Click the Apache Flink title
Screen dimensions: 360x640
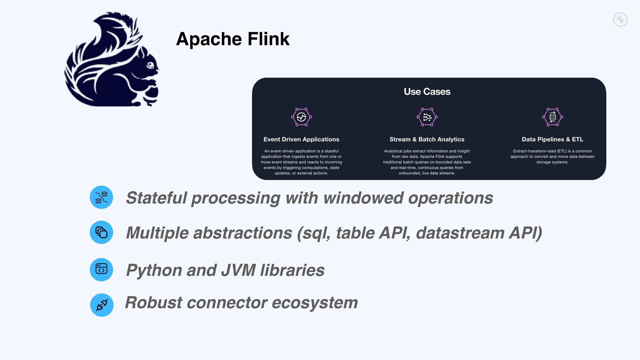[x=233, y=39]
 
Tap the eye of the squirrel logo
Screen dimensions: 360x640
[x=150, y=65]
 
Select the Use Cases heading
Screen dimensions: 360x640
[x=427, y=92]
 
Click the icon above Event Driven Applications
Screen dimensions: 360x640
[x=301, y=117]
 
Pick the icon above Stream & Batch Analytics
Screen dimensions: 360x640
[x=427, y=117]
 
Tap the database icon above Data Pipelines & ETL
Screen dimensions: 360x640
[x=552, y=117]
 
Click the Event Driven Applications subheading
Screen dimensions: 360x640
[x=301, y=139]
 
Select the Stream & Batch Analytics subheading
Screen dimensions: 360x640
[x=427, y=139]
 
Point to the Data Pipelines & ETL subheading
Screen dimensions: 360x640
[x=552, y=139]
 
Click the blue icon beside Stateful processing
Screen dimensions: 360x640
[x=101, y=197]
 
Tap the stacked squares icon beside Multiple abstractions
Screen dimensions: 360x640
[x=101, y=232]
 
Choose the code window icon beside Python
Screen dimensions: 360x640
[x=101, y=269]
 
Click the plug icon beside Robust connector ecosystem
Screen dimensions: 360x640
[x=102, y=305]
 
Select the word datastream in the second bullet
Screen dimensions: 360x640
[x=460, y=233]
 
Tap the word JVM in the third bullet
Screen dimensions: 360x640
[x=238, y=270]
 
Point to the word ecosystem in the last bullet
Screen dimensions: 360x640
[x=315, y=303]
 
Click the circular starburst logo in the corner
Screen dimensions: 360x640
[x=620, y=20]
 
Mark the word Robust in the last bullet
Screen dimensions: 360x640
[x=153, y=303]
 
